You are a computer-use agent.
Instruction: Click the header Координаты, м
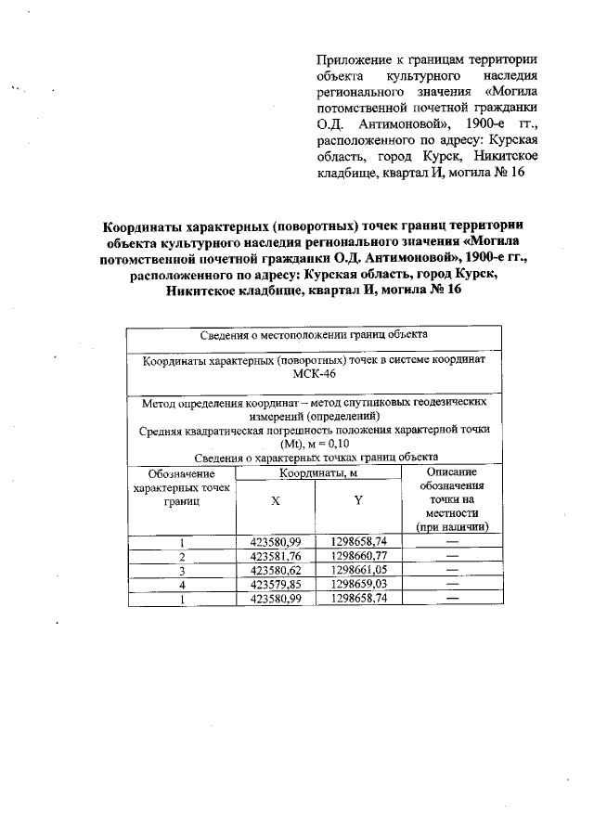point(316,473)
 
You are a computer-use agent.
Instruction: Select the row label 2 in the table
point(183,557)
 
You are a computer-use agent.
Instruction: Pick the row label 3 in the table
point(183,571)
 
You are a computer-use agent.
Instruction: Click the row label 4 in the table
point(183,585)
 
